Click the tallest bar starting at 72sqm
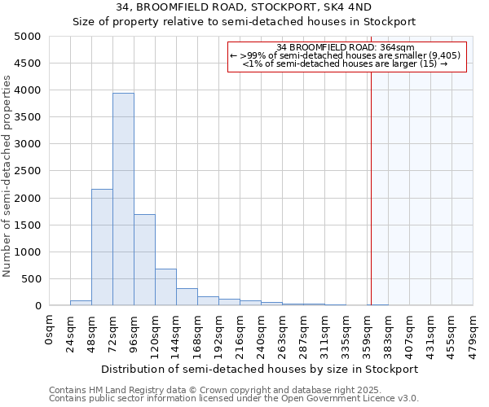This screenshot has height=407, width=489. tap(123, 199)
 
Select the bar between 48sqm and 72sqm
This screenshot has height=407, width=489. tap(102, 247)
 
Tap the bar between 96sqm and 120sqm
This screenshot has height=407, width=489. tap(144, 260)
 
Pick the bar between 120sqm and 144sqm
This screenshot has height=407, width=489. tap(165, 287)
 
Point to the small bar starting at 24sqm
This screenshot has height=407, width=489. tap(81, 303)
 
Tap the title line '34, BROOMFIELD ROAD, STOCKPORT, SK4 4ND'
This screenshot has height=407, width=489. tap(244, 8)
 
